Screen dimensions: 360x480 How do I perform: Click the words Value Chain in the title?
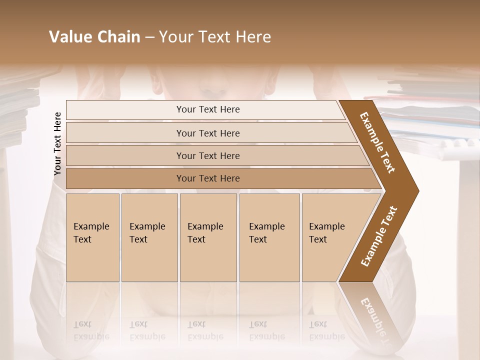[x=94, y=37]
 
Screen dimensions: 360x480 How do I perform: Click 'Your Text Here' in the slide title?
[x=214, y=37]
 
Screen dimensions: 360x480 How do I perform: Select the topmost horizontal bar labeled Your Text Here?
[x=207, y=109]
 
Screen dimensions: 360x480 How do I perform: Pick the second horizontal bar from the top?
[x=208, y=133]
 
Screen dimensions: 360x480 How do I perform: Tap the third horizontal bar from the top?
[x=208, y=155]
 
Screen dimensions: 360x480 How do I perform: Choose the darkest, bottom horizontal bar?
[x=208, y=178]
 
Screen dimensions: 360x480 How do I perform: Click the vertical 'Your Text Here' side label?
[x=57, y=143]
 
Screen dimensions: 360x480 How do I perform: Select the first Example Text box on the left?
[x=92, y=237]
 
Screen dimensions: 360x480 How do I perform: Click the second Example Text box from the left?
[x=149, y=237]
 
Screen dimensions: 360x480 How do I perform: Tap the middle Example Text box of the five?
[x=208, y=237]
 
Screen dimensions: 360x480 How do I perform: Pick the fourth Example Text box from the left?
[x=269, y=237]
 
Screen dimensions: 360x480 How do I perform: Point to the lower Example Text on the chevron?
[x=379, y=236]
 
